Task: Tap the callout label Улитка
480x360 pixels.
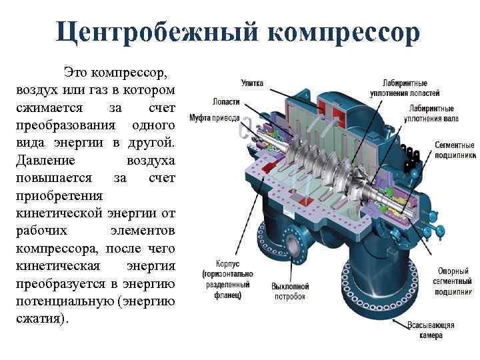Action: [x=252, y=83]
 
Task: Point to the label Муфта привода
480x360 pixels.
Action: [x=214, y=118]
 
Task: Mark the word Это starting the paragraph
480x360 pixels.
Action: [x=75, y=71]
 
